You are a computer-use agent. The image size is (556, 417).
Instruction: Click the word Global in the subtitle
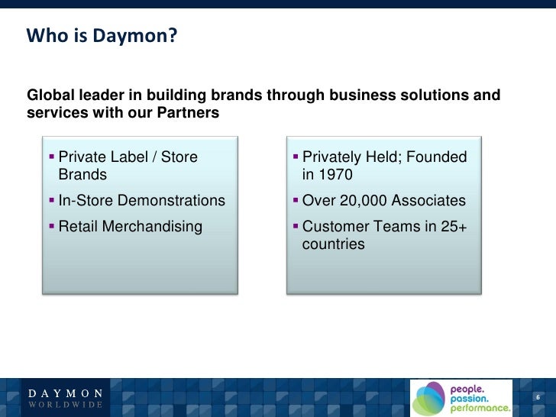click(51, 95)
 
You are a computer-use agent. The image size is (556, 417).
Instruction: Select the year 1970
click(335, 175)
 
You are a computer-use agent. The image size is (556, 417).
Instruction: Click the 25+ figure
click(451, 227)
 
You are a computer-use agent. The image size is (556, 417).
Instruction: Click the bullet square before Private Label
click(51, 157)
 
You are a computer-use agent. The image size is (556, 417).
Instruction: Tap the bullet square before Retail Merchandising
click(51, 227)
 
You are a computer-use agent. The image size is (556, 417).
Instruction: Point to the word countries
click(334, 245)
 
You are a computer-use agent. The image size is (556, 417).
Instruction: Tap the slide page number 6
click(538, 398)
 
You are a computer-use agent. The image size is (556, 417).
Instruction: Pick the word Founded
click(436, 157)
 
